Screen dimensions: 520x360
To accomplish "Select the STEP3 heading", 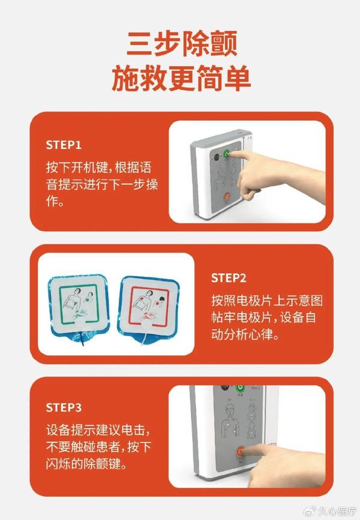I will click(64, 408).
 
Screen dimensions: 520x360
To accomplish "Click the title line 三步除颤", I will click(181, 44).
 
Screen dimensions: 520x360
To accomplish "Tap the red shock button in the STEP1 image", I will click(227, 196).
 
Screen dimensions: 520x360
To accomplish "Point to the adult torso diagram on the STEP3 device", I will click(230, 420).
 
